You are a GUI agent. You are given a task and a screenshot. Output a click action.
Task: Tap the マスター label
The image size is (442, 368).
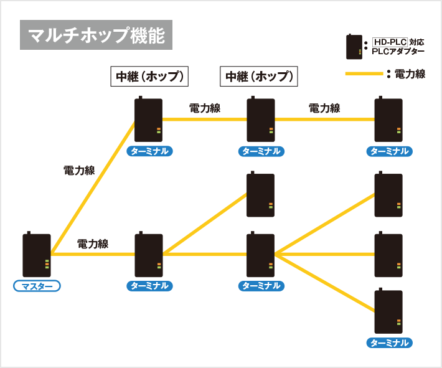[37, 286]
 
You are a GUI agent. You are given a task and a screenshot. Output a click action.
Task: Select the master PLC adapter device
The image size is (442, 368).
[37, 255]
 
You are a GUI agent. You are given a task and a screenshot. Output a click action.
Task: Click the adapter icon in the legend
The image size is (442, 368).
[355, 47]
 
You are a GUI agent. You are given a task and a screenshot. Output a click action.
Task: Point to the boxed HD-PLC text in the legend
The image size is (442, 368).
[390, 42]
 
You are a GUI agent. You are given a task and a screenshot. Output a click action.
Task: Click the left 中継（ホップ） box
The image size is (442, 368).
[149, 77]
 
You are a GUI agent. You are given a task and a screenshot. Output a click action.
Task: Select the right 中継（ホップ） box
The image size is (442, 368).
[258, 77]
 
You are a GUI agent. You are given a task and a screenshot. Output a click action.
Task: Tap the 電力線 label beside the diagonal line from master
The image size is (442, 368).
[79, 170]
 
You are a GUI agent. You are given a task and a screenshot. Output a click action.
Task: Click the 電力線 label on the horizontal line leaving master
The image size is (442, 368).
[93, 243]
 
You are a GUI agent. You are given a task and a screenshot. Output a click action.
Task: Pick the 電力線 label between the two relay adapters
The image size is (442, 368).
[205, 108]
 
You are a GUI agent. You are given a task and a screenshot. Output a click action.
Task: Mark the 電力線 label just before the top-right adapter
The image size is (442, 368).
[324, 108]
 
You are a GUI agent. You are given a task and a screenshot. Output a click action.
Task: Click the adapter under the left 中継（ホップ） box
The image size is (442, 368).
[149, 120]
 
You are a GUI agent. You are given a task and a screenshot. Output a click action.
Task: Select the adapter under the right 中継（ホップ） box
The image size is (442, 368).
[261, 120]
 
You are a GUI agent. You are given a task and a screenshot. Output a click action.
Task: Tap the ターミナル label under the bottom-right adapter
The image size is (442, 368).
[389, 343]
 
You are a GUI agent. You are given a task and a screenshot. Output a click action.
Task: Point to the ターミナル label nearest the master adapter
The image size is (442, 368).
[149, 286]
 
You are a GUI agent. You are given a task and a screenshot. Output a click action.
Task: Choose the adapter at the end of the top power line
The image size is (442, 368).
[388, 120]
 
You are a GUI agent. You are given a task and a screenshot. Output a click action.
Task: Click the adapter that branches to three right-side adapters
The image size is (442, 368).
[261, 255]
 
